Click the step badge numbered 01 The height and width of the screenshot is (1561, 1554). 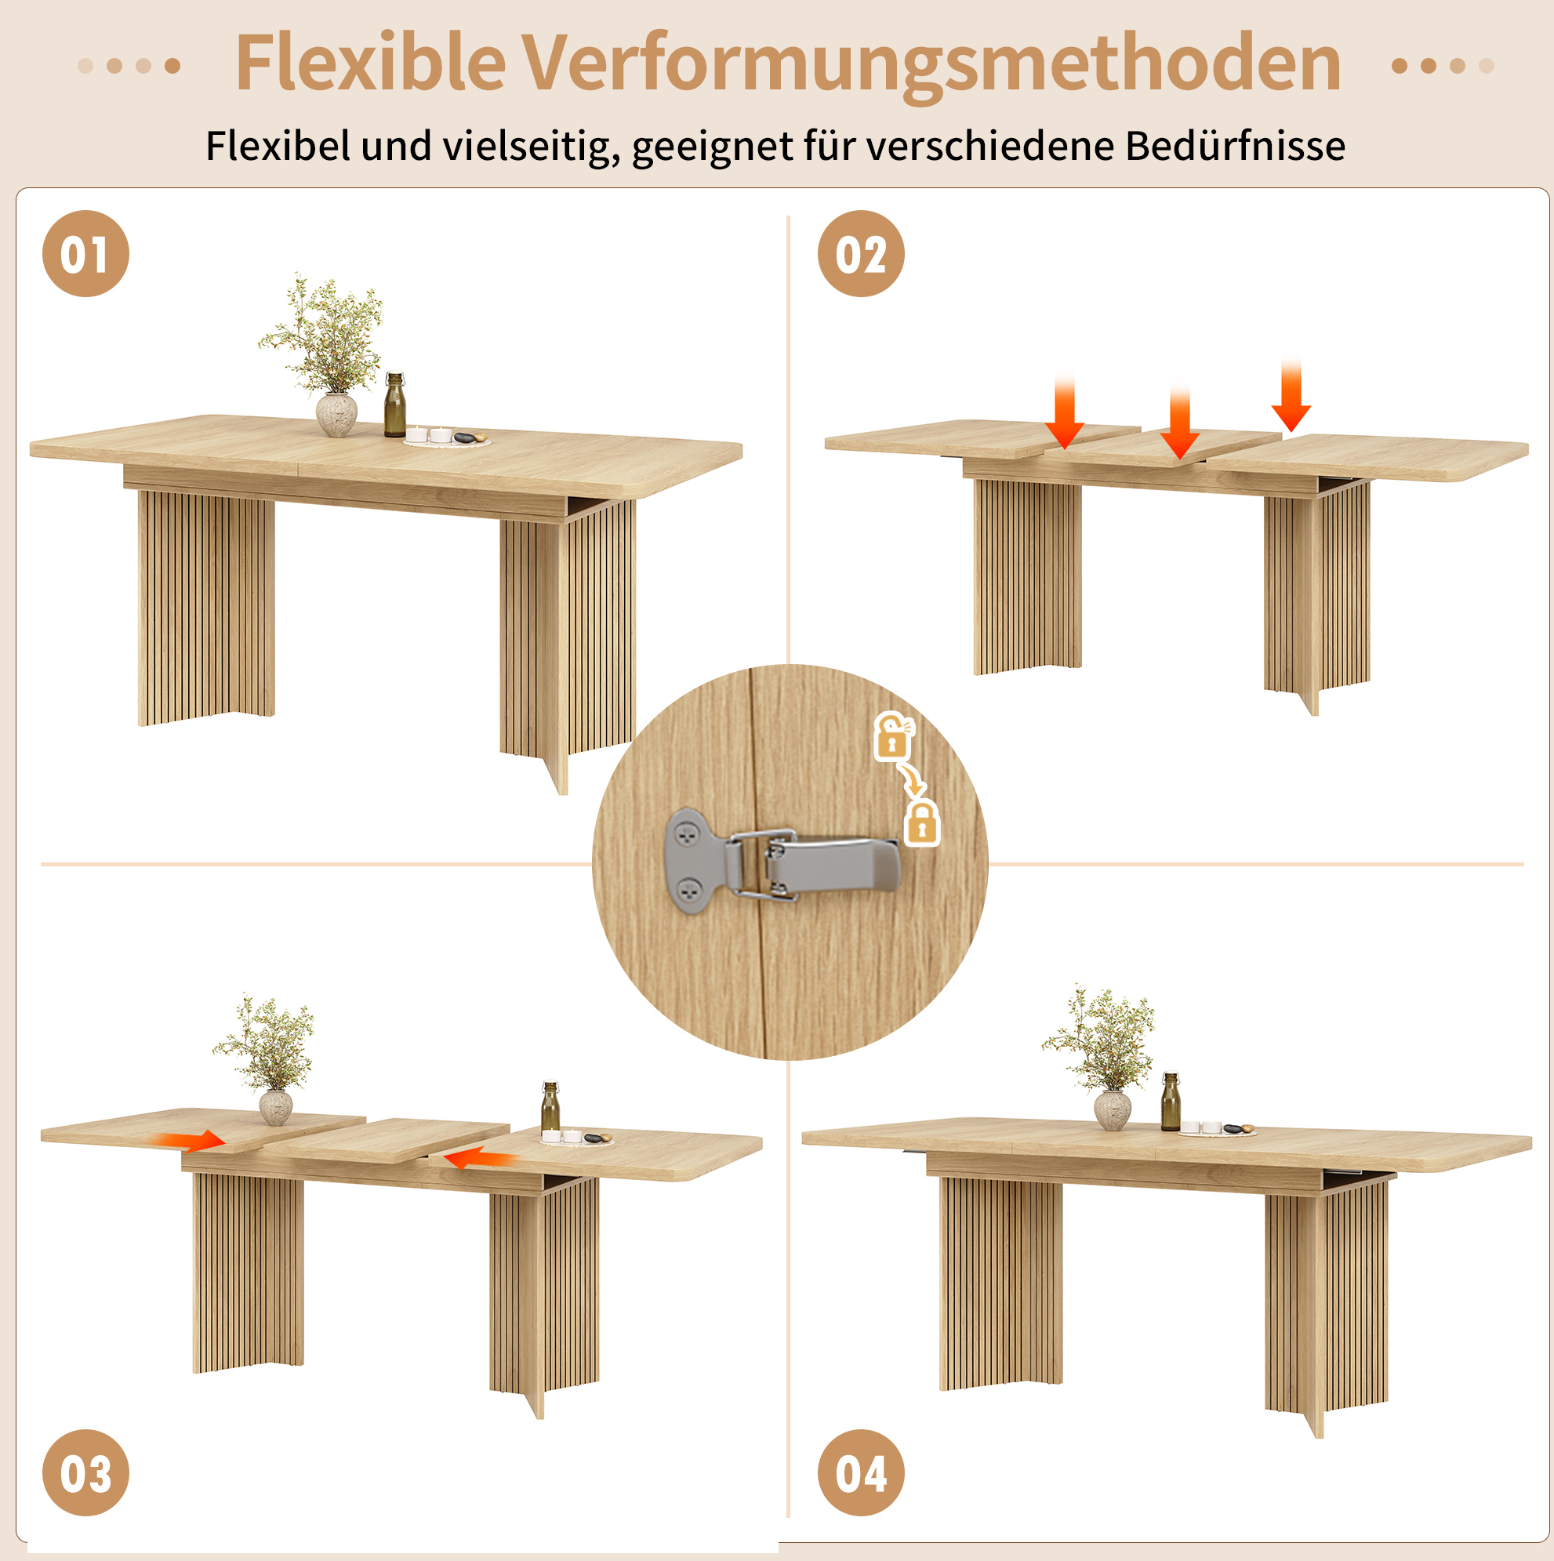pyautogui.click(x=85, y=254)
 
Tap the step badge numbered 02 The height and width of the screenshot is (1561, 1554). pyautogui.click(x=861, y=254)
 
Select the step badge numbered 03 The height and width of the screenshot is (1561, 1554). pyautogui.click(x=85, y=1473)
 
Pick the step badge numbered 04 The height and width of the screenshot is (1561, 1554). pyautogui.click(x=861, y=1473)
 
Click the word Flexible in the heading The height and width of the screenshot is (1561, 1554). pyautogui.click(x=370, y=63)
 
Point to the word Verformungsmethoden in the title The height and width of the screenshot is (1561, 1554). pyautogui.click(x=931, y=67)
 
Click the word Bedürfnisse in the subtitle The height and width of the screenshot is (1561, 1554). pyautogui.click(x=1235, y=147)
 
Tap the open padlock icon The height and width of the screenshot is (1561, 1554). pyautogui.click(x=893, y=736)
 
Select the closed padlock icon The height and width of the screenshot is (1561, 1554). pyautogui.click(x=922, y=823)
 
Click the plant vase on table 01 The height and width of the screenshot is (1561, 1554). pyautogui.click(x=336, y=415)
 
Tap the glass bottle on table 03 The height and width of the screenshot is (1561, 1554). pyautogui.click(x=550, y=1107)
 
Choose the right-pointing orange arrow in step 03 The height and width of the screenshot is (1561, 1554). pyautogui.click(x=187, y=1141)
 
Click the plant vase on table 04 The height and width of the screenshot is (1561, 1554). pyautogui.click(x=1113, y=1110)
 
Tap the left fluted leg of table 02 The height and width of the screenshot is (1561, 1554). pyautogui.click(x=1027, y=576)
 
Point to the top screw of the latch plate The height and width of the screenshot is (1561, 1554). pyautogui.click(x=688, y=836)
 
